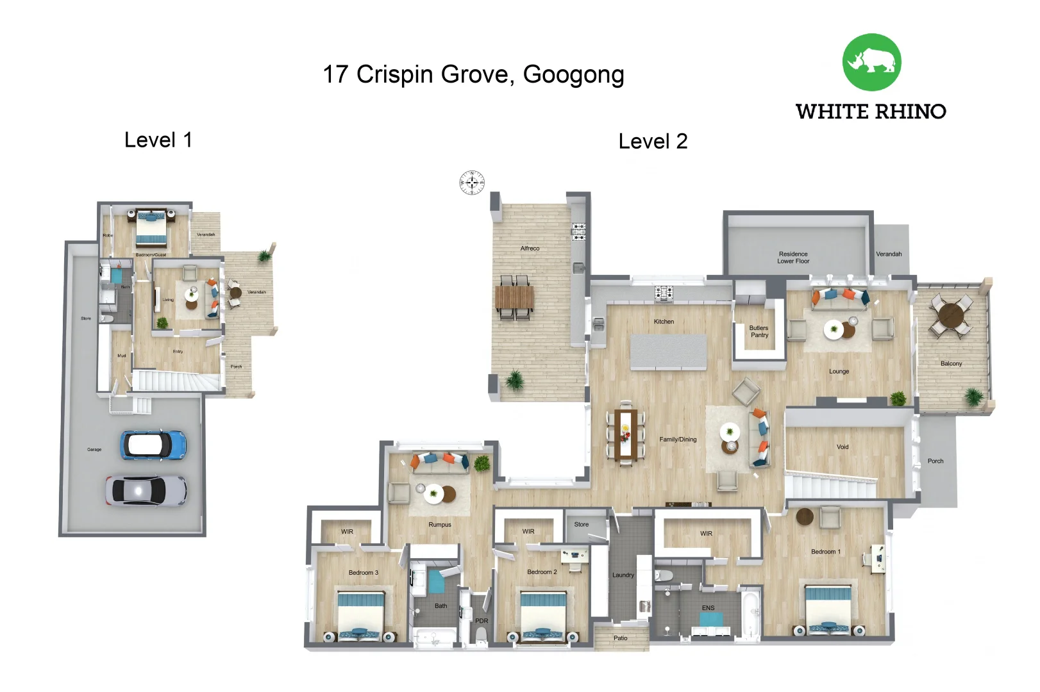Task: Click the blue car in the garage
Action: pos(154,445)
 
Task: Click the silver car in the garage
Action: pos(146,491)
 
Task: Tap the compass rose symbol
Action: pos(472,183)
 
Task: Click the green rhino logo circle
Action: pos(871,62)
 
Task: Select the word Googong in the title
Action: pos(573,75)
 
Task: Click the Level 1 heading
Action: pos(158,140)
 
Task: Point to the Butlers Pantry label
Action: pos(759,331)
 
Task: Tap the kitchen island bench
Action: pos(668,352)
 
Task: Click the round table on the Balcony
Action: pos(952,315)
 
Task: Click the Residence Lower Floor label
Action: pos(793,258)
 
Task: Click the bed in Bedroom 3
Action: pos(361,614)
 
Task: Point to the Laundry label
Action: pos(623,575)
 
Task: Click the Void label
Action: pos(843,447)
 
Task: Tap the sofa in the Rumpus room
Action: pos(440,462)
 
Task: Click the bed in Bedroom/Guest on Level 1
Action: pos(151,230)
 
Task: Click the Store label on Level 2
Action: pos(581,524)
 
